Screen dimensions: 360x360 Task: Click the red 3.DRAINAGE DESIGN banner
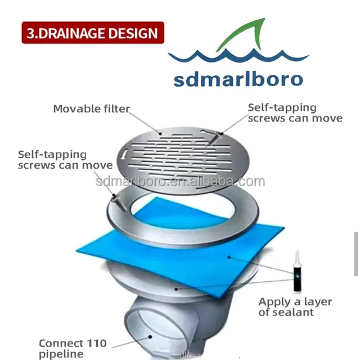coord(93,33)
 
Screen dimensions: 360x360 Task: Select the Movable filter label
coord(91,109)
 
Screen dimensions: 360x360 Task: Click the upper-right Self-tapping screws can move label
coord(295,112)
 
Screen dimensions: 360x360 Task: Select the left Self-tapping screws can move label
coord(65,160)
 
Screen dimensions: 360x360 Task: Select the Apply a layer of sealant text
coord(295,307)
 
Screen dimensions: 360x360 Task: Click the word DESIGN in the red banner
coord(130,33)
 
